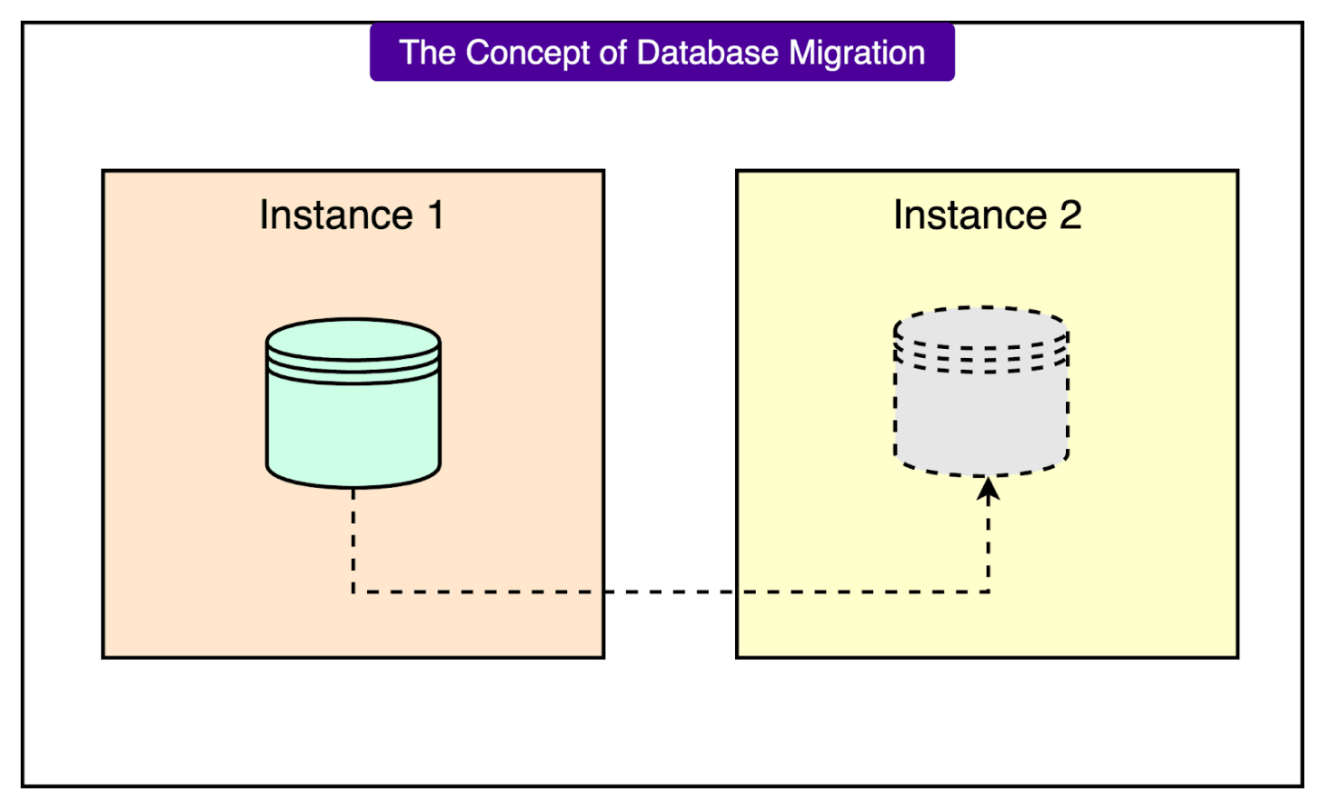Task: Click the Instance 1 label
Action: coord(352,215)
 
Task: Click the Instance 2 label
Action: coord(987,215)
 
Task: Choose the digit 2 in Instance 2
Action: coord(1070,215)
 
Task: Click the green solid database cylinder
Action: coord(353,423)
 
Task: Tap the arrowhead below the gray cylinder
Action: coord(988,490)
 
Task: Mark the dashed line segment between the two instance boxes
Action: coord(670,592)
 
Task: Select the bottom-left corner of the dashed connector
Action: coord(353,592)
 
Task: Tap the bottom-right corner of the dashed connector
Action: coord(988,592)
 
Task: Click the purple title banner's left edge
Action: coord(372,53)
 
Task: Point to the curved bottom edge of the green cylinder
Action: coord(353,485)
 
